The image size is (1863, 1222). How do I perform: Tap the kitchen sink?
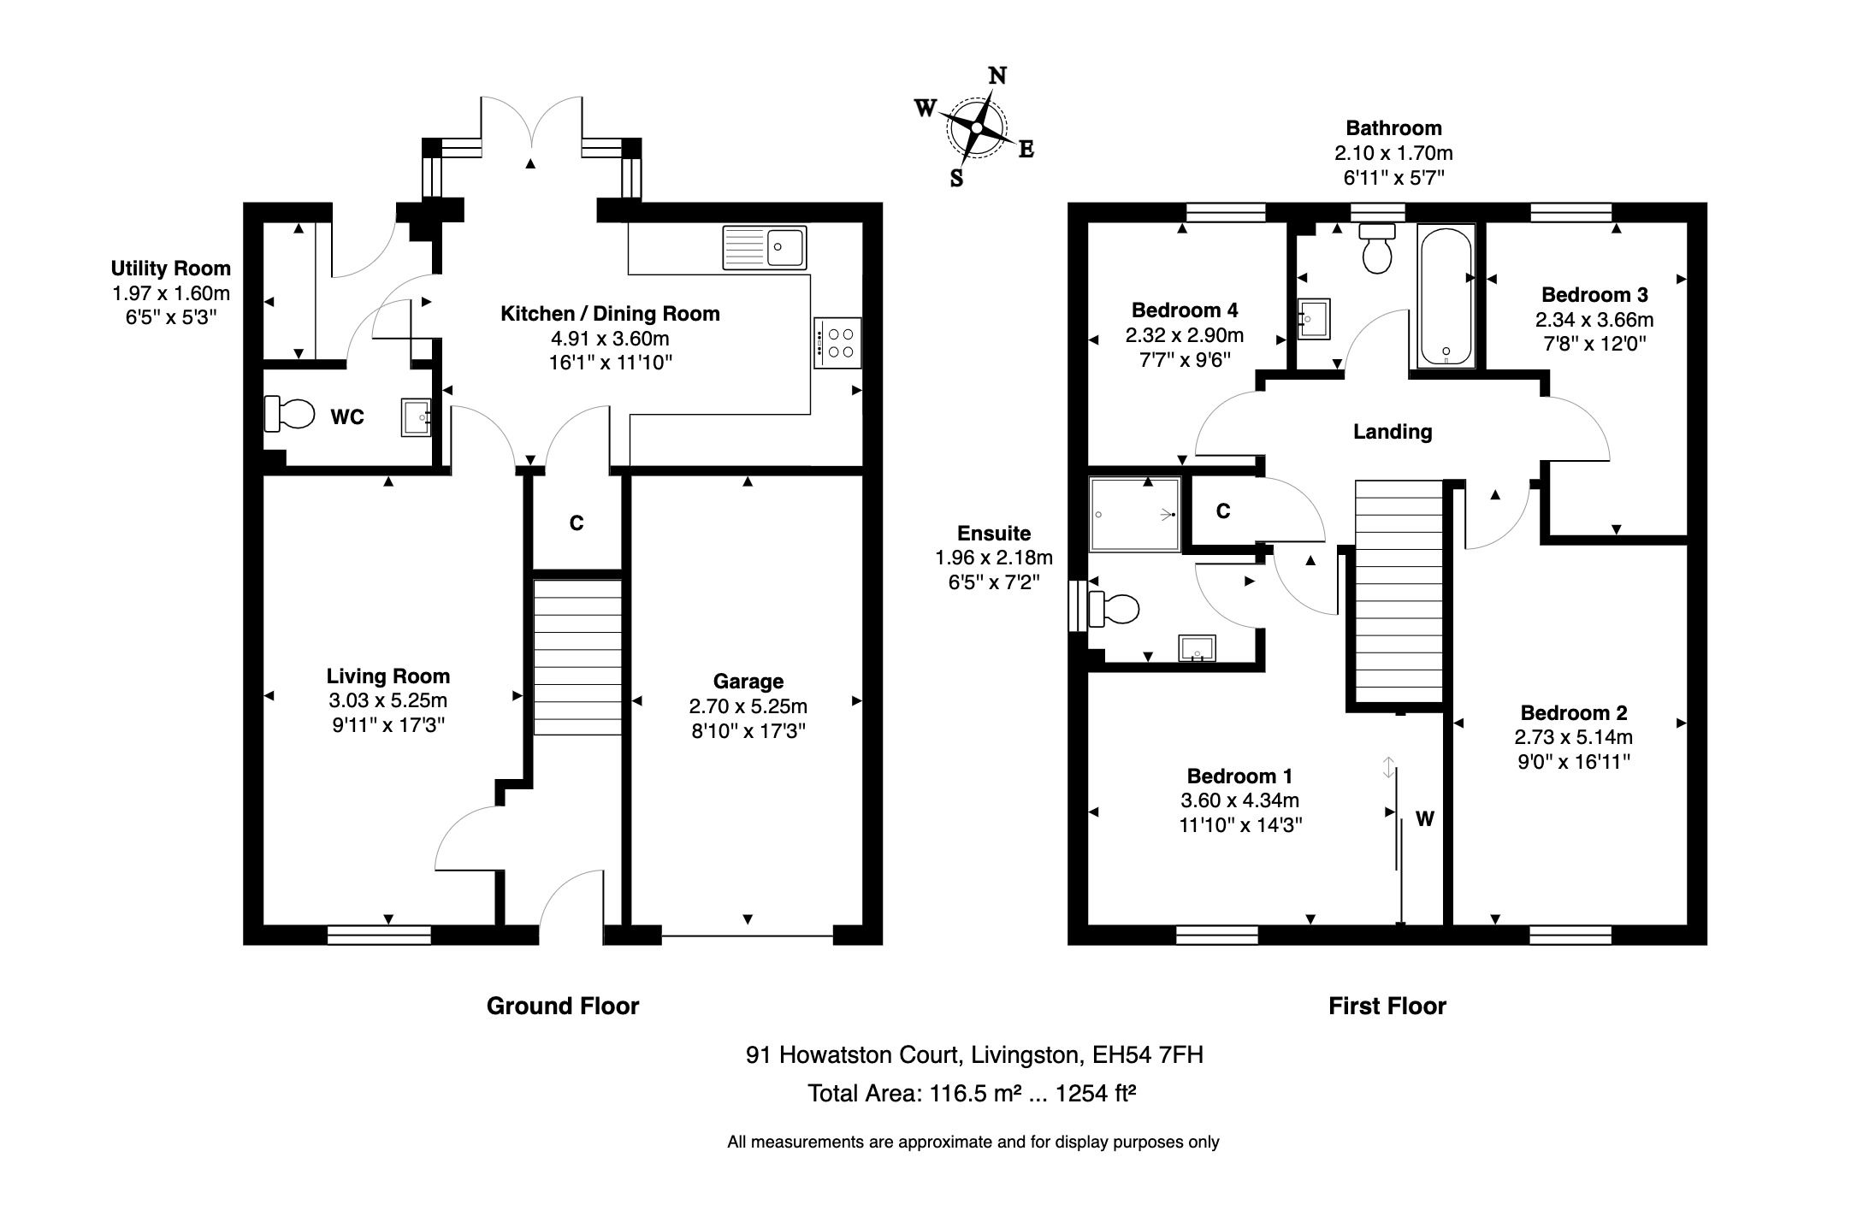click(x=764, y=247)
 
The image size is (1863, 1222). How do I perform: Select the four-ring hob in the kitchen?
click(x=837, y=343)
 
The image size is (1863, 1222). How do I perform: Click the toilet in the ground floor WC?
click(x=288, y=414)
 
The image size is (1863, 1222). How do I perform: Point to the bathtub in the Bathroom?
click(x=1446, y=296)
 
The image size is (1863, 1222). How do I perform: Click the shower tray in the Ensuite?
click(x=1134, y=514)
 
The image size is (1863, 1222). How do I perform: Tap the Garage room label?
click(x=748, y=682)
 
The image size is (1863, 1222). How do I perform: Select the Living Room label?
click(x=387, y=676)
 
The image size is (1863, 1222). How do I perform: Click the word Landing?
click(x=1392, y=432)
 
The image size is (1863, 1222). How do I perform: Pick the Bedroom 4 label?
click(x=1184, y=310)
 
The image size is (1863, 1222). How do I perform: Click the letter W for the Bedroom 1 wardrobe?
click(x=1424, y=819)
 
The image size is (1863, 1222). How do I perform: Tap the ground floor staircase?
click(x=577, y=657)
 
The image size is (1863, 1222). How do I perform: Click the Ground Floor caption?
click(x=562, y=1006)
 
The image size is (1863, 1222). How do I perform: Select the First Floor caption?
click(x=1387, y=1006)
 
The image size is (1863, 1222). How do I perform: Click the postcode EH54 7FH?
click(x=1147, y=1055)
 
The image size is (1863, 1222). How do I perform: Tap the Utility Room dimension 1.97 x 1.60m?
click(x=171, y=293)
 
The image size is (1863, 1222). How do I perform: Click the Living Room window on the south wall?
click(x=379, y=935)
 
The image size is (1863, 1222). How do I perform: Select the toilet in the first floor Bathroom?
click(x=1376, y=247)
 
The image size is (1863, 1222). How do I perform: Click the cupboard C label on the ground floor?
click(x=577, y=523)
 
